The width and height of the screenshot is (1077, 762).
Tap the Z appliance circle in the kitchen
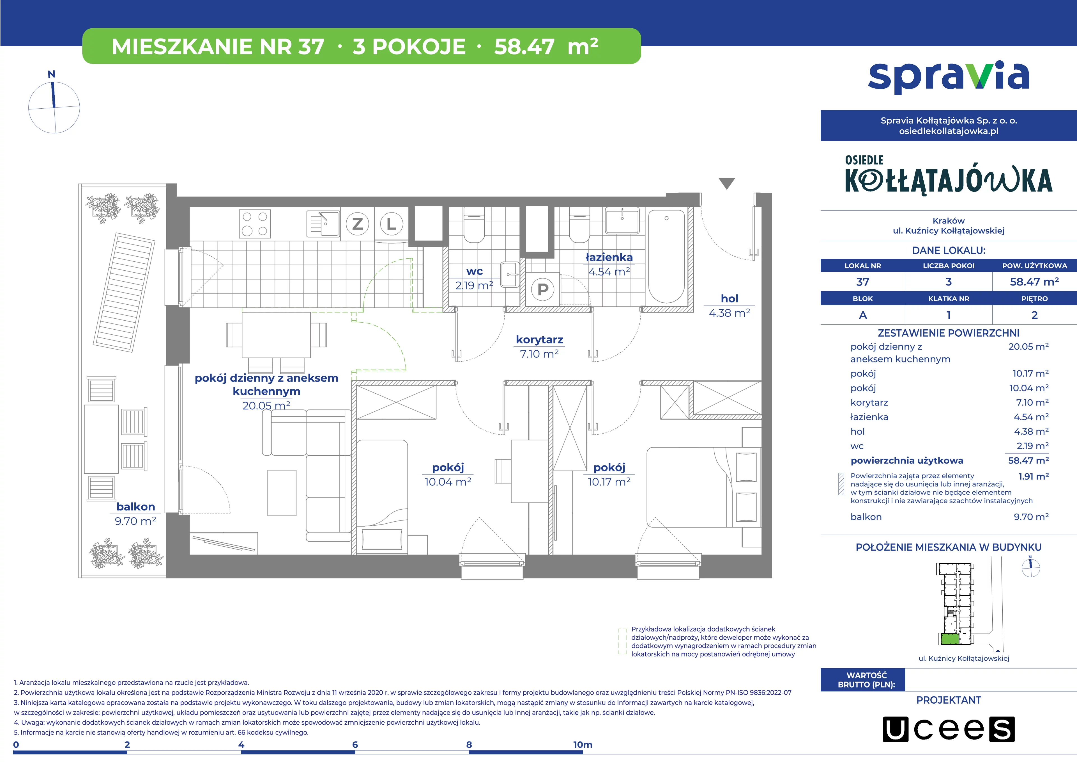pos(357,224)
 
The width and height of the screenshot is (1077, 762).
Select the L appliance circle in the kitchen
pos(391,224)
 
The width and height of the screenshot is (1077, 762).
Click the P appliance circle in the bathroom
pos(543,289)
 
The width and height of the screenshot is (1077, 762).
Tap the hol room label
pos(729,299)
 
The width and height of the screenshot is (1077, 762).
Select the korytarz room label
pos(539,339)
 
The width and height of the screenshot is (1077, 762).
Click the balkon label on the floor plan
pos(135,507)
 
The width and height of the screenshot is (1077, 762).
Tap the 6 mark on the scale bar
pos(355,745)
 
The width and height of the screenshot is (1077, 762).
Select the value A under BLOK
pos(863,315)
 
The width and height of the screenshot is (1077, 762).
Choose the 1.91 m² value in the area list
pos(1033,476)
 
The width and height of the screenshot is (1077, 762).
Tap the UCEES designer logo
pos(949,729)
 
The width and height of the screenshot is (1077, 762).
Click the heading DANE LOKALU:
pos(949,250)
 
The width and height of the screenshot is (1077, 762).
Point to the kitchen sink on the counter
pos(323,223)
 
